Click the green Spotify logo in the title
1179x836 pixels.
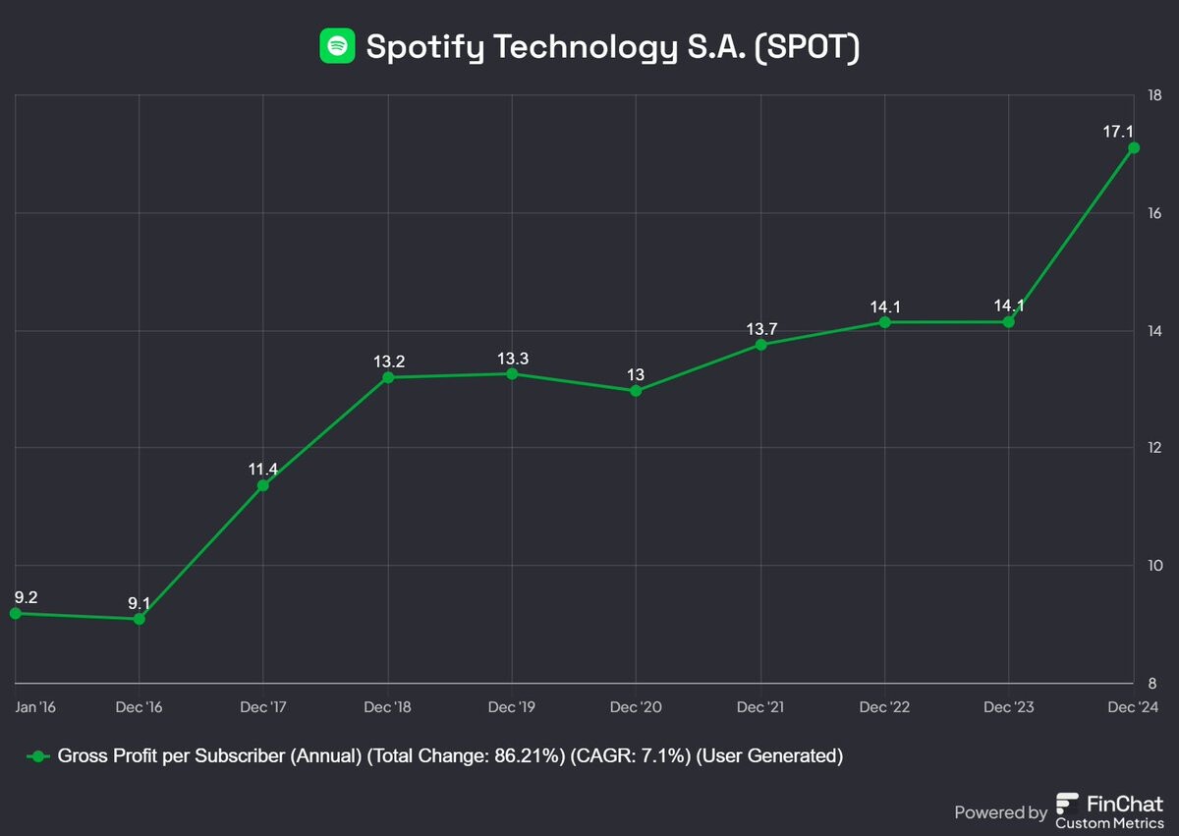tap(337, 45)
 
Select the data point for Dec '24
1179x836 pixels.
tap(1134, 147)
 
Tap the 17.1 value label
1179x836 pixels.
tap(1120, 131)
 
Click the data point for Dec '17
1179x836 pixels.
tap(263, 485)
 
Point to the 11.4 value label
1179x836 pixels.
tap(263, 469)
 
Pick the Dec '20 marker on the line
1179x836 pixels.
tap(636, 391)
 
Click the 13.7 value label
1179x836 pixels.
tap(760, 327)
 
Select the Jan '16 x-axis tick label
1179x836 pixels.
tap(35, 707)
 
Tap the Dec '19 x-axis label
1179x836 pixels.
tap(512, 707)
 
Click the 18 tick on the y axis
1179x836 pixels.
tap(1153, 95)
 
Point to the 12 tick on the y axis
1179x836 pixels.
tap(1153, 448)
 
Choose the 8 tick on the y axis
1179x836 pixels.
tap(1153, 684)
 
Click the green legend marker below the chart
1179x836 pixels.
tap(37, 756)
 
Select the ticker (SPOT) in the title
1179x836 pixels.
tap(807, 46)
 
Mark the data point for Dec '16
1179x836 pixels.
tap(140, 619)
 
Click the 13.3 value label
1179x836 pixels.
tap(512, 357)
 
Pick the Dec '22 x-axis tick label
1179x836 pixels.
tap(884, 707)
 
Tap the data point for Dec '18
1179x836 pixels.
tap(388, 377)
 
